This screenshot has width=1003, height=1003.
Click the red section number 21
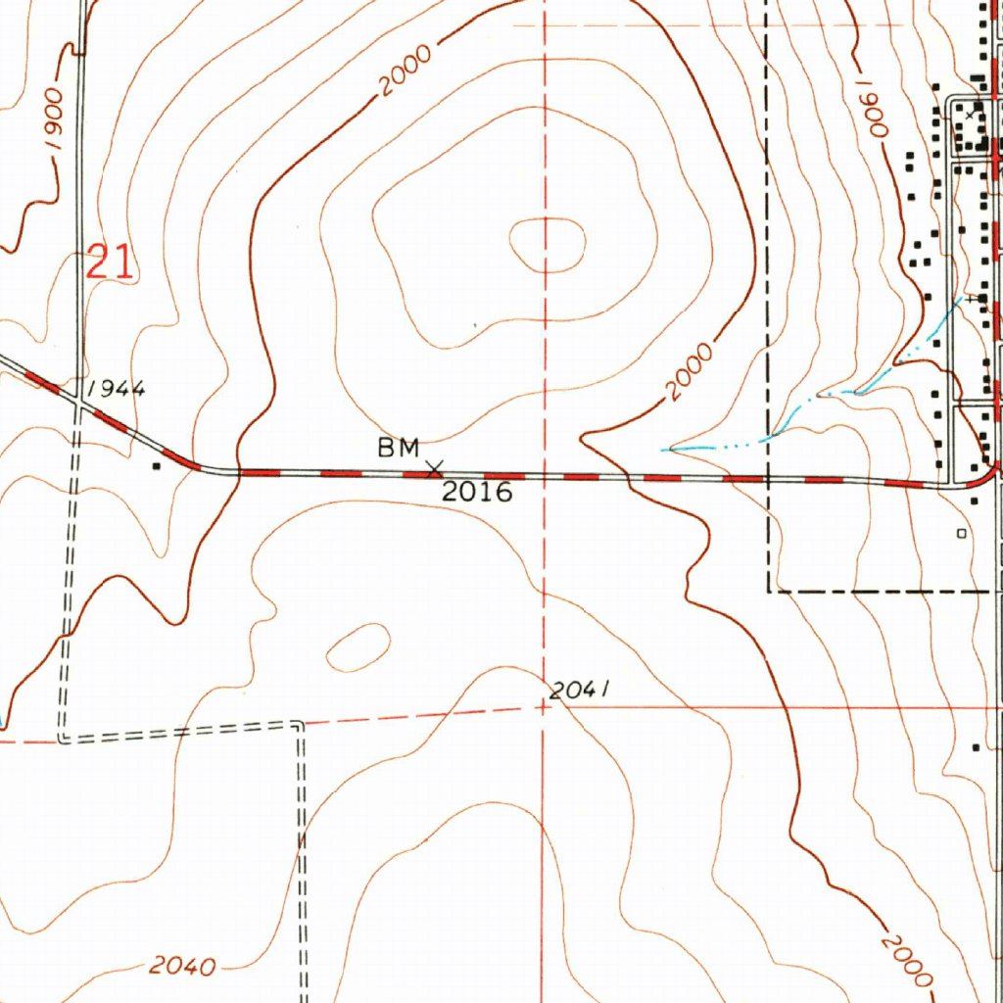pyautogui.click(x=110, y=263)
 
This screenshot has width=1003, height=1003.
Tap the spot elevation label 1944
pyautogui.click(x=117, y=389)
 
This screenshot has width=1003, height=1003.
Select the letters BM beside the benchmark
pyautogui.click(x=399, y=449)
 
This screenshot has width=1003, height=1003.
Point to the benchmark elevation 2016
pyautogui.click(x=477, y=492)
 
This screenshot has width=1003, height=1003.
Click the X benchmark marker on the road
pyautogui.click(x=434, y=470)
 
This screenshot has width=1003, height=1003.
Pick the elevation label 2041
pyautogui.click(x=580, y=691)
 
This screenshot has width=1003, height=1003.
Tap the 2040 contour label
pyautogui.click(x=182, y=967)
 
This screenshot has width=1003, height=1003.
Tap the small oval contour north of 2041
pyautogui.click(x=358, y=647)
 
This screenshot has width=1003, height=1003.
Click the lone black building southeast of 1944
pyautogui.click(x=157, y=466)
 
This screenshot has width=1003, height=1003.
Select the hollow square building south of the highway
pyautogui.click(x=961, y=534)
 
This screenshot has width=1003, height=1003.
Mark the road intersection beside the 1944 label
pyautogui.click(x=78, y=397)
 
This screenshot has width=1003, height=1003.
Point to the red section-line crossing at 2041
pyautogui.click(x=546, y=705)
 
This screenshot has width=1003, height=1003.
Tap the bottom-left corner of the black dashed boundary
pyautogui.click(x=768, y=592)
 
